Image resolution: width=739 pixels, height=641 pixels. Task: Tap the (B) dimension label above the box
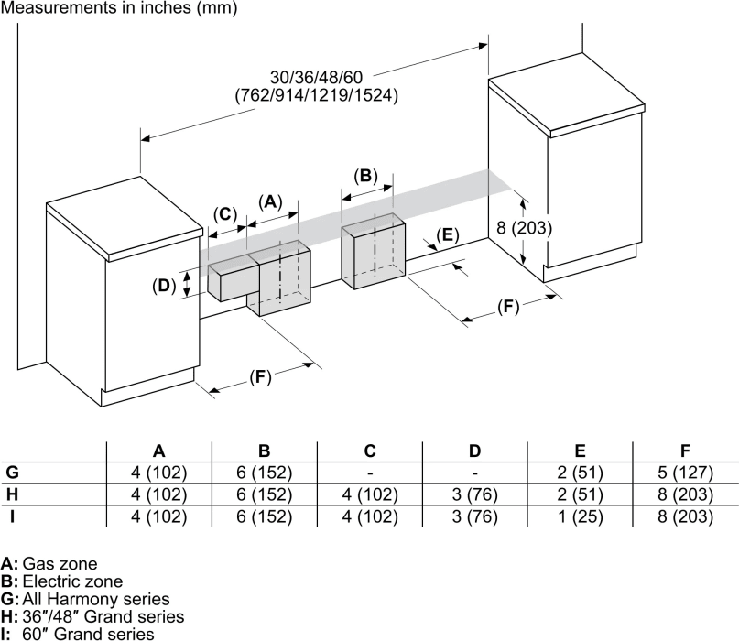pyautogui.click(x=365, y=175)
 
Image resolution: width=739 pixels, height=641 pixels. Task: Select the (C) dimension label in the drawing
pyautogui.click(x=224, y=213)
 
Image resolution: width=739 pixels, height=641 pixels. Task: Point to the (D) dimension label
pyautogui.click(x=164, y=285)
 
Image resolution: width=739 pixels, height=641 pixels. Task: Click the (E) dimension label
pyautogui.click(x=446, y=234)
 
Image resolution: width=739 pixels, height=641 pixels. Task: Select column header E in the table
pyautogui.click(x=580, y=451)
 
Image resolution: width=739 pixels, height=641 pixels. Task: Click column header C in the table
pyautogui.click(x=369, y=451)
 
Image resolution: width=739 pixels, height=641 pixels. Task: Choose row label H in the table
pyautogui.click(x=12, y=494)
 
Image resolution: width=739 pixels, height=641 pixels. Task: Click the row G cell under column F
pyautogui.click(x=685, y=473)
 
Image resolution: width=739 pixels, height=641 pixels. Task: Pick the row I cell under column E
pyautogui.click(x=580, y=516)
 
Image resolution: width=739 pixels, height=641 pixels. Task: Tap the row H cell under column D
pyautogui.click(x=474, y=494)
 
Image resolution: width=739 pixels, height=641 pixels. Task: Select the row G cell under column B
pyautogui.click(x=264, y=473)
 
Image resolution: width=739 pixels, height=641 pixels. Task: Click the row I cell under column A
pyautogui.click(x=158, y=516)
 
